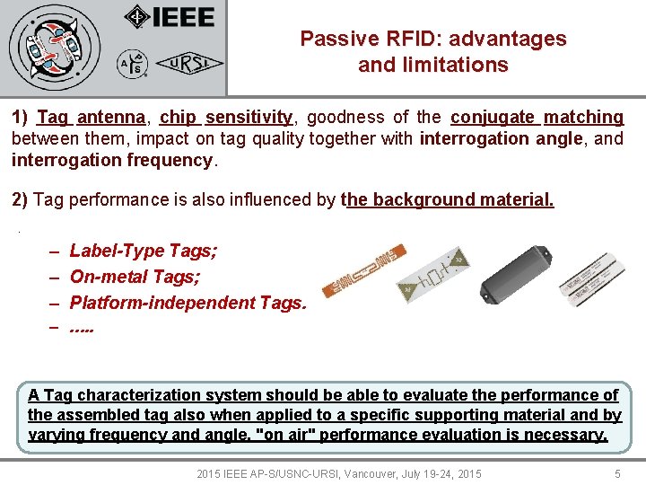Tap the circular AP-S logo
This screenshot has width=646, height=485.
tap(131, 63)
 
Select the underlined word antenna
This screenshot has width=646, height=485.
tap(111, 117)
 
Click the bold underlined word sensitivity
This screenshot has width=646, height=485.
tap(249, 117)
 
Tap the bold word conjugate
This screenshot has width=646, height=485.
tap(492, 117)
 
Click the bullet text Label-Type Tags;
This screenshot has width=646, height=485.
tap(144, 251)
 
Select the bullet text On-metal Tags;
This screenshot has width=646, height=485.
tap(135, 277)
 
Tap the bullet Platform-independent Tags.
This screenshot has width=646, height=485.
tap(188, 303)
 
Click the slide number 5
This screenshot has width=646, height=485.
tap(617, 473)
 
